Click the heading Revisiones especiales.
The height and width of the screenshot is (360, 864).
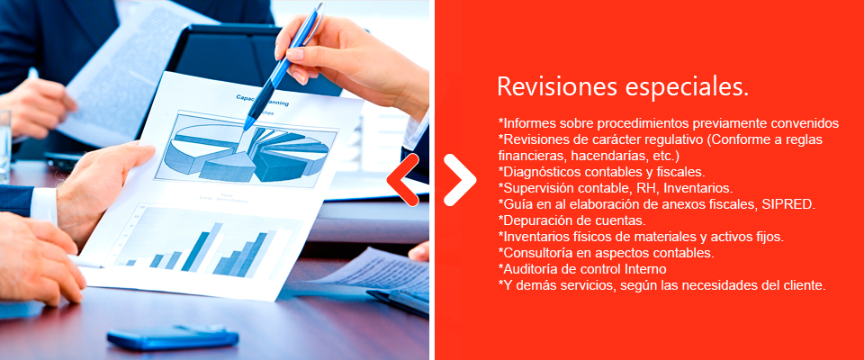click(x=623, y=87)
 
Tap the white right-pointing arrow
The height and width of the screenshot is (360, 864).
click(x=460, y=180)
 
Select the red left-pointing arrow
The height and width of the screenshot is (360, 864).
click(x=403, y=180)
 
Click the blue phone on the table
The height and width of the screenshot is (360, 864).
click(x=173, y=337)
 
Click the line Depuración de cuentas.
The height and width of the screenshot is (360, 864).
click(x=572, y=221)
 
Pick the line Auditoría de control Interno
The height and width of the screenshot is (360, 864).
click(x=582, y=270)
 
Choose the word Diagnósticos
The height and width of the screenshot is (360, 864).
click(x=540, y=172)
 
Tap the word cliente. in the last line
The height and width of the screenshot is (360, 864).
click(x=805, y=285)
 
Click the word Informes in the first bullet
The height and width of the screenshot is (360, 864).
click(x=528, y=123)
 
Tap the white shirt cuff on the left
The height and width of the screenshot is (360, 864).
click(x=43, y=204)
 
